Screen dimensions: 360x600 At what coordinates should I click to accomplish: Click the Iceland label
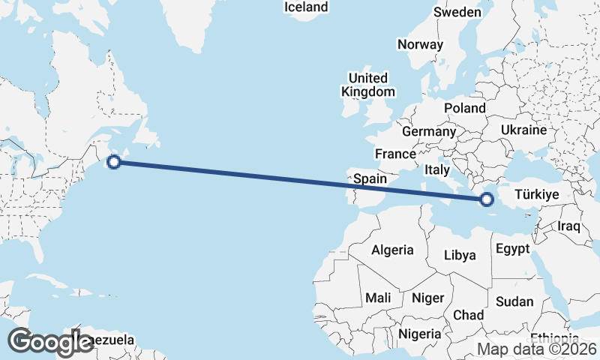(306, 7)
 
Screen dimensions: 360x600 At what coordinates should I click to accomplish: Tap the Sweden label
(457, 12)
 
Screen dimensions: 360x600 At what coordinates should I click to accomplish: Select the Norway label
(421, 44)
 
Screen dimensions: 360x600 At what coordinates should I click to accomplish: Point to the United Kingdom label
(367, 85)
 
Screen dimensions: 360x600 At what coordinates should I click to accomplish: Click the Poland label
(464, 108)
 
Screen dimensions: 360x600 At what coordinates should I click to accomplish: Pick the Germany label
(429, 131)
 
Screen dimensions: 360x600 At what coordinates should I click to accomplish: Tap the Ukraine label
(524, 130)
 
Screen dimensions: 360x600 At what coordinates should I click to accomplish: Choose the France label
(395, 154)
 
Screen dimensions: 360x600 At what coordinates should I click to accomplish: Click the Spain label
(370, 178)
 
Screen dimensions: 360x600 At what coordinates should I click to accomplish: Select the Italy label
(437, 170)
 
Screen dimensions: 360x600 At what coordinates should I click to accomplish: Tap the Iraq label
(569, 225)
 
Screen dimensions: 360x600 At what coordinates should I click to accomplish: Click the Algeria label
(393, 250)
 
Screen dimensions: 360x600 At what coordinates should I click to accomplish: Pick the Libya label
(460, 255)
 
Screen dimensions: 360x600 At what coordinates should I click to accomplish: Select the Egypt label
(513, 248)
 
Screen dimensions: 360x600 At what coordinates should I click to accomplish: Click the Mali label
(378, 298)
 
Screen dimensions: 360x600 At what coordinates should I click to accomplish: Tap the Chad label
(468, 314)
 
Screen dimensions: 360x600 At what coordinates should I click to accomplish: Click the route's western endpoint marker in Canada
(114, 161)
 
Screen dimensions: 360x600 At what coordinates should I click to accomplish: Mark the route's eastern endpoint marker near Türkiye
(487, 199)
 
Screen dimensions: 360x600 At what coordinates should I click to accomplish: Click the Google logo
(50, 341)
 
